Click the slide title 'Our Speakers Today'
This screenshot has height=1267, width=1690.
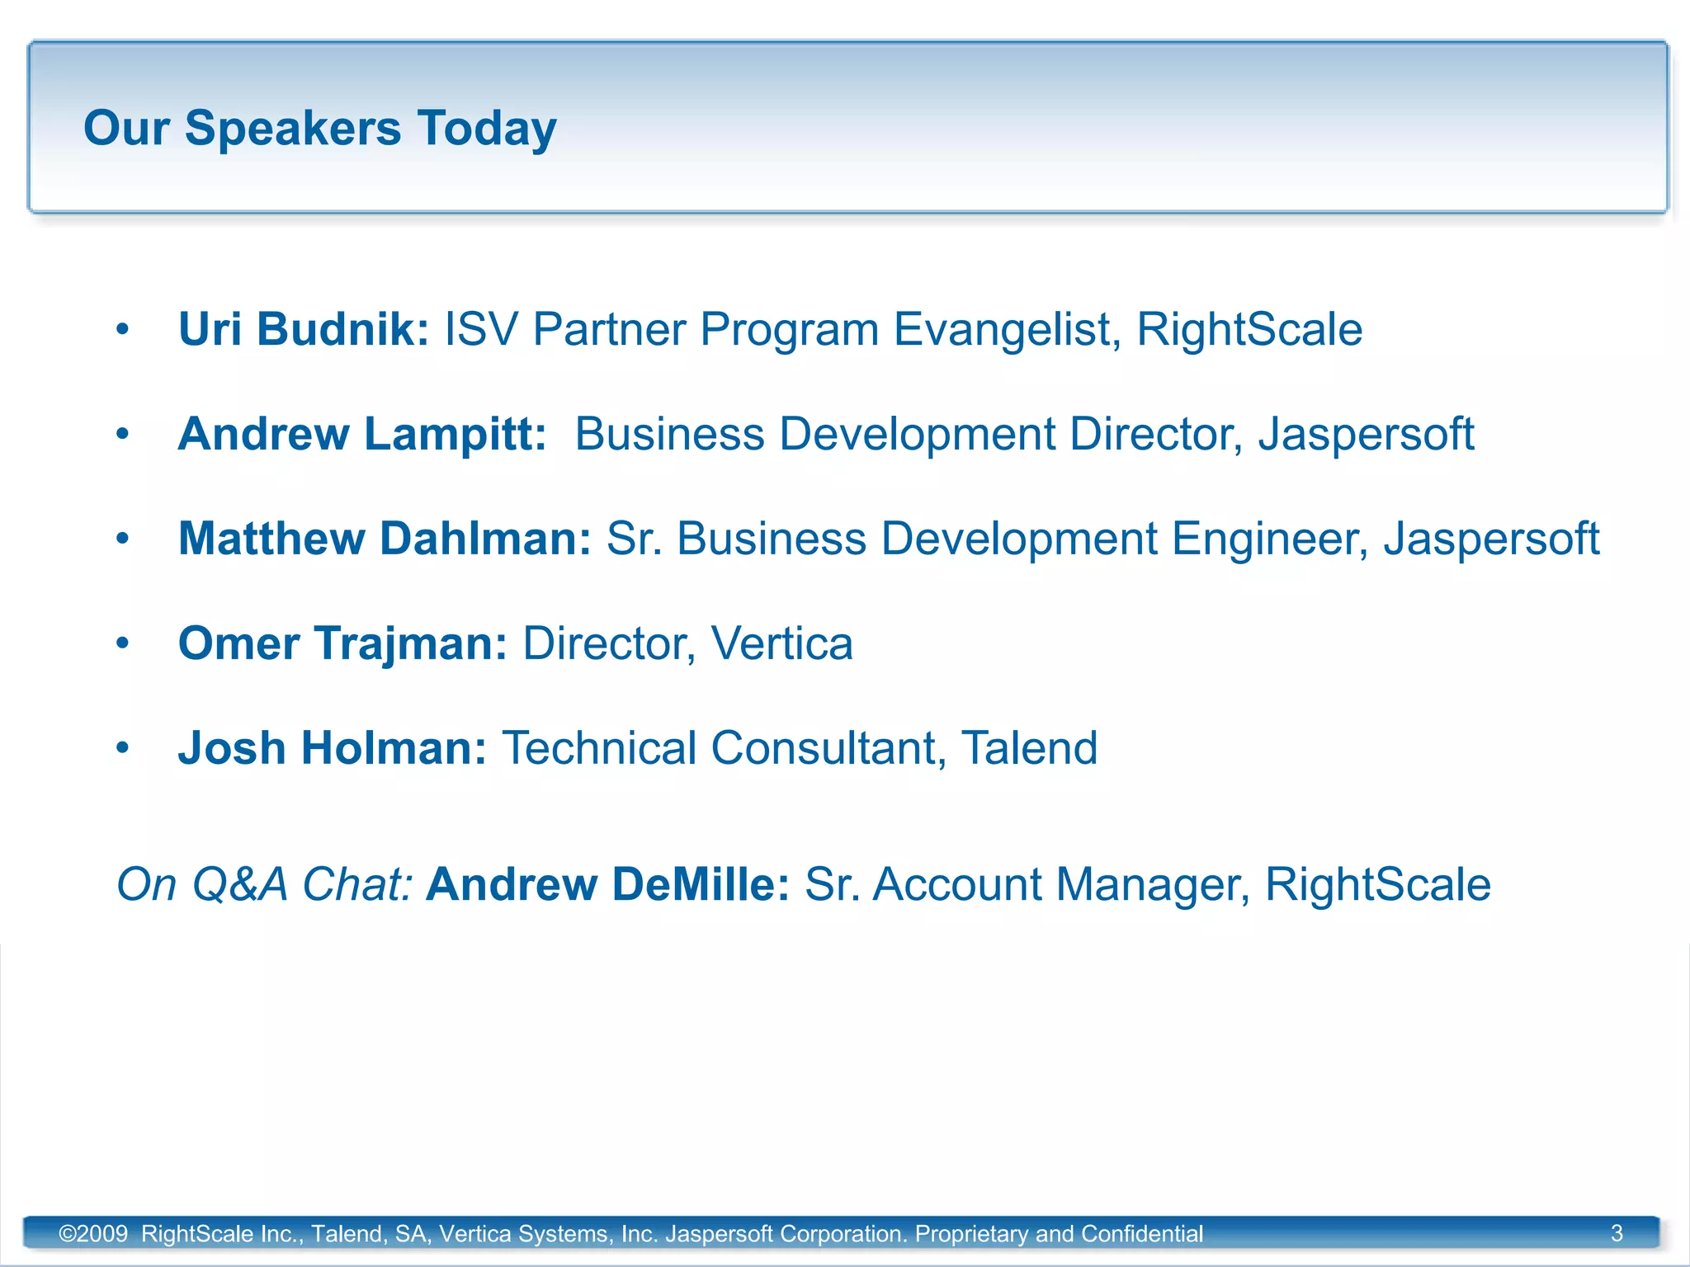(x=320, y=129)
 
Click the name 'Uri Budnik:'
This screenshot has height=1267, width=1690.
(x=303, y=329)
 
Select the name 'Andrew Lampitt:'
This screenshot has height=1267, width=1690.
(x=361, y=434)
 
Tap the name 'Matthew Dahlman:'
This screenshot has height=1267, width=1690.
(x=385, y=539)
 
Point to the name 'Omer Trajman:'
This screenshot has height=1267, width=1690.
(x=342, y=643)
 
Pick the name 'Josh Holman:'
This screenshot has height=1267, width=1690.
(x=332, y=748)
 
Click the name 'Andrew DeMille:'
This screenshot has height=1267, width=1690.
(x=607, y=884)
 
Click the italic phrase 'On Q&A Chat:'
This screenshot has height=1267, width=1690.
(x=264, y=884)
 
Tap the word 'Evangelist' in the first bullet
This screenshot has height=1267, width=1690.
(x=1007, y=330)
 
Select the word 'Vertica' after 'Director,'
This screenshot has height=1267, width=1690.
(x=781, y=643)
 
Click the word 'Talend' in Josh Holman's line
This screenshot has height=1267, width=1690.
(x=1029, y=748)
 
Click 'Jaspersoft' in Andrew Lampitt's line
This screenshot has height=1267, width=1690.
(x=1366, y=434)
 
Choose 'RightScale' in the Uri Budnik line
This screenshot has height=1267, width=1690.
(x=1249, y=329)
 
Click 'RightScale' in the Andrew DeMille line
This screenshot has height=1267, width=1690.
(x=1377, y=884)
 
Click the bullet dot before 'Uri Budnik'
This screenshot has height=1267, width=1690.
(x=123, y=329)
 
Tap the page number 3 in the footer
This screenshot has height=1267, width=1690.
(x=1617, y=1233)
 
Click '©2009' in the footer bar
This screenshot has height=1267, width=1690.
(x=93, y=1234)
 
